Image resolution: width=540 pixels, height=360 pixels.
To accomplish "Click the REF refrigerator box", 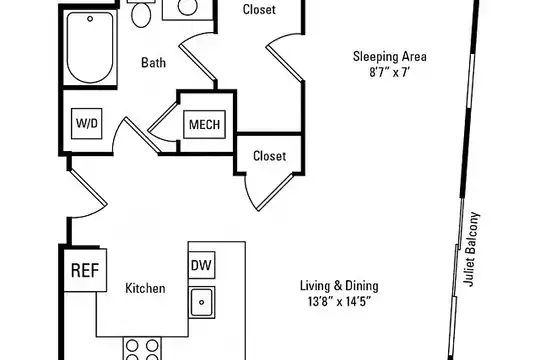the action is [85, 270].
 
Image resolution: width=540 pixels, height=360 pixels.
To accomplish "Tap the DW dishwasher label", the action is [201, 265].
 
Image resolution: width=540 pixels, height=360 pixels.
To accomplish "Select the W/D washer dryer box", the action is [86, 123].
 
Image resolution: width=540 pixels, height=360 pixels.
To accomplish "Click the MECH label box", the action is [205, 124].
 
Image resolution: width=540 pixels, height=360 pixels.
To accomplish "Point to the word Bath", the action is [154, 63].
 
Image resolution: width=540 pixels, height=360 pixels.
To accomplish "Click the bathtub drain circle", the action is [90, 19].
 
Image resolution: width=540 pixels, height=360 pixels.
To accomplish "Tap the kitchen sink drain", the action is [201, 302].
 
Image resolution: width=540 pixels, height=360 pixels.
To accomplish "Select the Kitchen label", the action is [145, 288].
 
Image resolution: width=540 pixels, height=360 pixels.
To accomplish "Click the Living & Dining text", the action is [339, 286].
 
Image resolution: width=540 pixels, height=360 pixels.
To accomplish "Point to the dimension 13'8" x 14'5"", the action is [339, 302].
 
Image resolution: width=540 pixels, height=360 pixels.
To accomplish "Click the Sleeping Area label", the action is [390, 56].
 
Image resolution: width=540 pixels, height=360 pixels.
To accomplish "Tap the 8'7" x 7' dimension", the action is [390, 73].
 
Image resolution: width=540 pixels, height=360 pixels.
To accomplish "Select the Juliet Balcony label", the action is [471, 249].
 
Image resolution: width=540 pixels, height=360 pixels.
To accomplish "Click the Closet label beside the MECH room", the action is [269, 156].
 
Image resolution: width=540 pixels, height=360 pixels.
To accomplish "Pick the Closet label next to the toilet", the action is [259, 9].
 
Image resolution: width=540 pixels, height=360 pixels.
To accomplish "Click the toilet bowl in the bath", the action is [141, 15].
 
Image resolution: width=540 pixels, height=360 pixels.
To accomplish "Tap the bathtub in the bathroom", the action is [90, 47].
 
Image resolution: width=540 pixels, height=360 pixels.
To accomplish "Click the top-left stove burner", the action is [133, 346].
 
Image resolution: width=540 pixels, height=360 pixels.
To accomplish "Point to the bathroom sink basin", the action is [187, 6].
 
